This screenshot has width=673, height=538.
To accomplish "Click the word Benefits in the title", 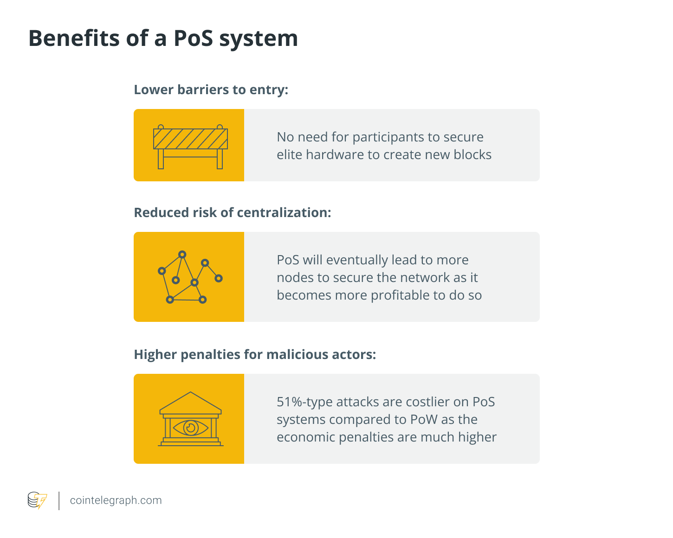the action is [74, 38].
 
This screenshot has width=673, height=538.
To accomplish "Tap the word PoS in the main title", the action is [193, 38].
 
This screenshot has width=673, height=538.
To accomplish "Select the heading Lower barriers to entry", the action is [211, 90].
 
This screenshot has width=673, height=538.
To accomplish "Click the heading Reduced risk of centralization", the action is [233, 212].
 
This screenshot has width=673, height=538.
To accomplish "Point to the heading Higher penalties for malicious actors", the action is [255, 354].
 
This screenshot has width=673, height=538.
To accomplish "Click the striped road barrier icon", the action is [190, 147].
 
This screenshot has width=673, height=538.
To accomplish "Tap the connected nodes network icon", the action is [190, 277].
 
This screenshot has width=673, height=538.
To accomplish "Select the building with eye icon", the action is [190, 419].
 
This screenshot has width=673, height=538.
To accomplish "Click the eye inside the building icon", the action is [190, 428].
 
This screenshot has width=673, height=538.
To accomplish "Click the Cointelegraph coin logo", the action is [37, 500].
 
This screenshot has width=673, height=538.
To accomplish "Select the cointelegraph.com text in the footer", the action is [116, 500].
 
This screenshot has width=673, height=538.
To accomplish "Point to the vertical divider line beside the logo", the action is [59, 501].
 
